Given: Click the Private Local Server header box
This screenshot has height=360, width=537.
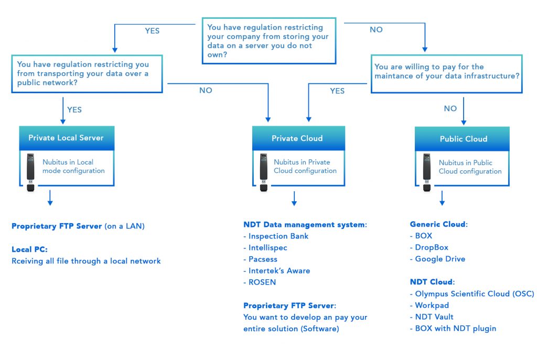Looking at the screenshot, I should [66, 138].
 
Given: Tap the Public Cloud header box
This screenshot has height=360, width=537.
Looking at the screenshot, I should [463, 139].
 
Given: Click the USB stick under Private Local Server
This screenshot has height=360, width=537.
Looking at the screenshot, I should [31, 171].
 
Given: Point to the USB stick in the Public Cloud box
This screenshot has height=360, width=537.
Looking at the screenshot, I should [427, 172].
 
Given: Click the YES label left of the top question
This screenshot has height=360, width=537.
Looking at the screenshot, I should [152, 31].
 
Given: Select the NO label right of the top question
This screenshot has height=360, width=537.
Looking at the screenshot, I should [376, 30].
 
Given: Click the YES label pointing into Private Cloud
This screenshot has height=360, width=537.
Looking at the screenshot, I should [337, 91].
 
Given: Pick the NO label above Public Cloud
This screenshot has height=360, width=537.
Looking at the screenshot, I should [450, 108].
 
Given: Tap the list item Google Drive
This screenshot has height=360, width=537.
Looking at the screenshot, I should [439, 259].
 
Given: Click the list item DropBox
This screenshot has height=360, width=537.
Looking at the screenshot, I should [431, 247].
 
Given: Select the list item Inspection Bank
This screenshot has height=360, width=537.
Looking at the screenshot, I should [278, 236].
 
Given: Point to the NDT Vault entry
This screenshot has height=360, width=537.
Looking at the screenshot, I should [434, 317].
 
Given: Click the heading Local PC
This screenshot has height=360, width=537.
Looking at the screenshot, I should [29, 249].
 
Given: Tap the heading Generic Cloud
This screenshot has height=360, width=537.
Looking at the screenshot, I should [438, 224].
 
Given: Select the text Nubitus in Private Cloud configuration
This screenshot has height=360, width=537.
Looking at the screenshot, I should [305, 166].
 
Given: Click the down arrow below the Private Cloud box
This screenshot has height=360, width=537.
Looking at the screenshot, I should [294, 198].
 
